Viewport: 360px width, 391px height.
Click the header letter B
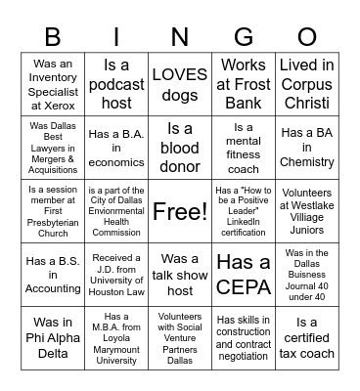(x=53, y=37)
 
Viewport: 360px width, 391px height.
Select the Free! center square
(x=180, y=211)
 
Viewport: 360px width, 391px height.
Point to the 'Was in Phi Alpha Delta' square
(x=53, y=338)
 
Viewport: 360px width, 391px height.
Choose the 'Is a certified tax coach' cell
(x=307, y=338)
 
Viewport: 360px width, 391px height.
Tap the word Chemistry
(x=307, y=163)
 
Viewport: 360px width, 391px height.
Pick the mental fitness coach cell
(x=244, y=148)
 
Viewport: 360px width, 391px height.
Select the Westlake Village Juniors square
(x=307, y=211)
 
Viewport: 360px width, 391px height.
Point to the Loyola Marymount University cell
(x=116, y=338)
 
